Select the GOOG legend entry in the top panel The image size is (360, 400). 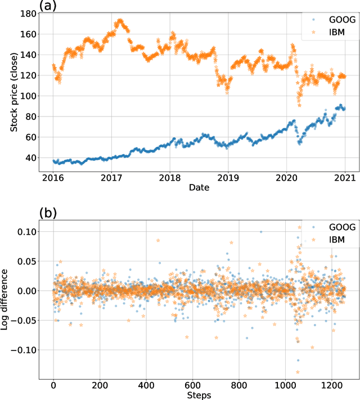[x=331, y=20]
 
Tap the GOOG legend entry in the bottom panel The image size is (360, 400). [x=331, y=227]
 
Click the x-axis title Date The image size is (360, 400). [x=199, y=187]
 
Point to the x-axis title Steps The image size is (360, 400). [x=199, y=395]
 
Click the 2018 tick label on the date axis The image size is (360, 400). [x=169, y=177]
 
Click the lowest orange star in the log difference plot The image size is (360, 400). [x=298, y=372]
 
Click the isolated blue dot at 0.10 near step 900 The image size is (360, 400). [x=260, y=232]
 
